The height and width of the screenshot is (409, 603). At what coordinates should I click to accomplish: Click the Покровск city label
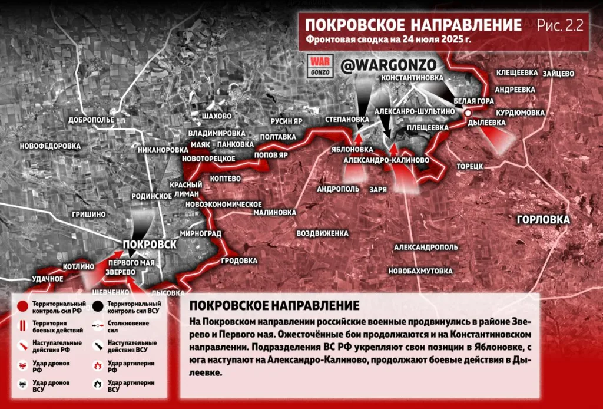click(150, 244)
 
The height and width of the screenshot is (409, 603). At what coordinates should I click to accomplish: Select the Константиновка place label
click(412, 78)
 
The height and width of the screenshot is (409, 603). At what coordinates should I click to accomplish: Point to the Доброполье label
click(91, 120)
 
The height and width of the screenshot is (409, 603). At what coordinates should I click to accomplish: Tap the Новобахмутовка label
click(420, 271)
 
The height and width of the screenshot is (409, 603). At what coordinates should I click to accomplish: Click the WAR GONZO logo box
click(322, 66)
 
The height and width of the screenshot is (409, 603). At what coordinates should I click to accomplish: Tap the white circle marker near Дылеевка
click(468, 112)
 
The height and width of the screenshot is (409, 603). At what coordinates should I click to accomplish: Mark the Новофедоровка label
click(49, 146)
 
